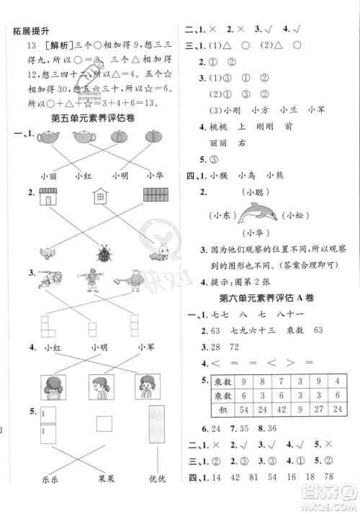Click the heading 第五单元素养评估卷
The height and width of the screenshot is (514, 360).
(94, 117)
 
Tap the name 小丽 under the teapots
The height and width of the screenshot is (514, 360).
(49, 174)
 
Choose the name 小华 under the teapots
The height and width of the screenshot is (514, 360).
(153, 174)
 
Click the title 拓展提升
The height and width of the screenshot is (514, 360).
(26, 30)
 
